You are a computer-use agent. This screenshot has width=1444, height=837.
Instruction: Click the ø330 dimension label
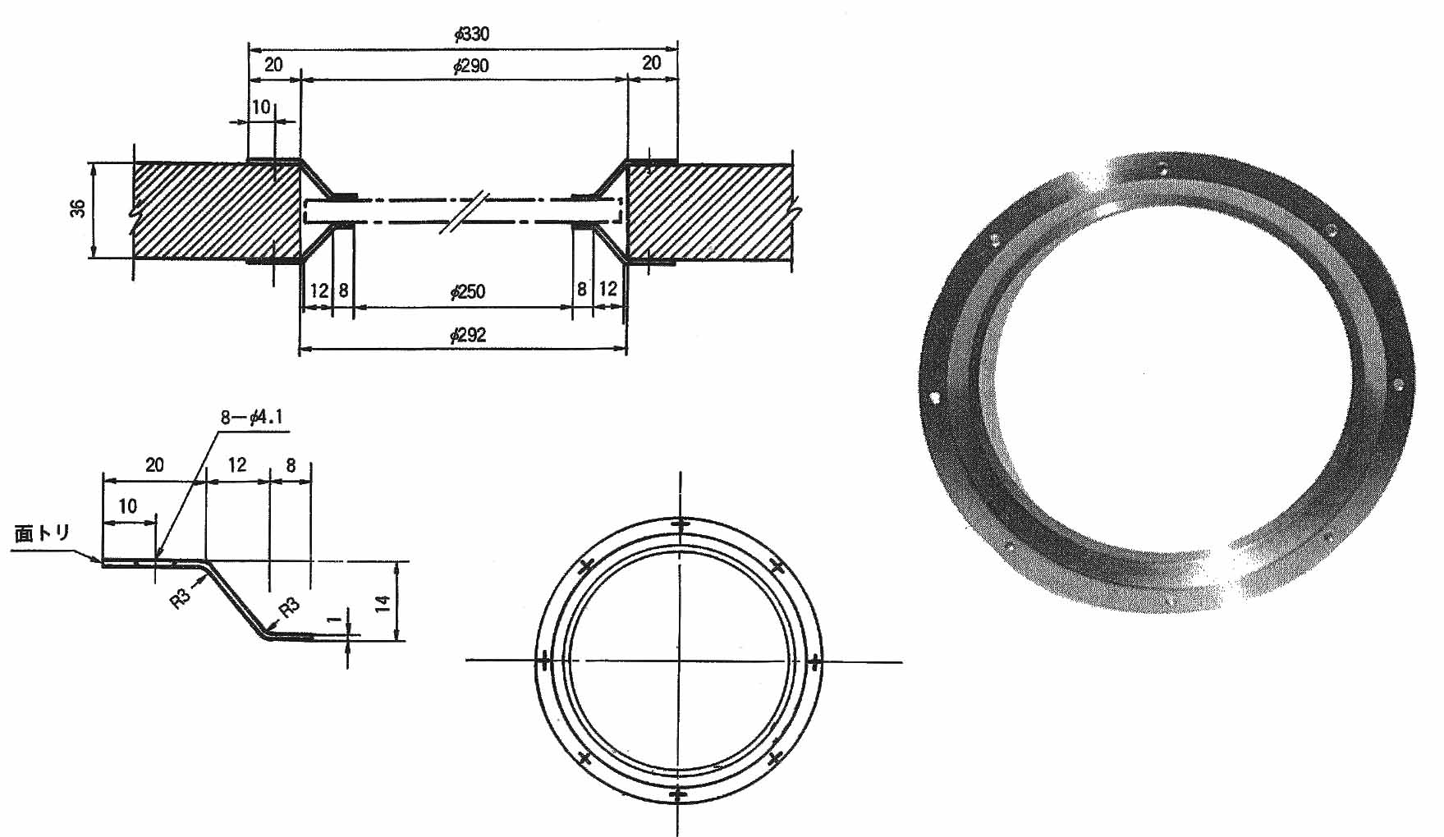click(x=471, y=34)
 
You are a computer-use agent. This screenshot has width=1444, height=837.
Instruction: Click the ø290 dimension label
click(x=470, y=66)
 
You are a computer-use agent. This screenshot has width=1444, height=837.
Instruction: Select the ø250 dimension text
click(x=467, y=291)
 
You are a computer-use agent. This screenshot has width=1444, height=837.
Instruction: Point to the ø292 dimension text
click(x=468, y=335)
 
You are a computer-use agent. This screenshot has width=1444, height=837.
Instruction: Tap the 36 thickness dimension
click(x=79, y=208)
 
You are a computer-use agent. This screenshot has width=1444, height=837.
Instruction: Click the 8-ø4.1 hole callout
click(x=251, y=417)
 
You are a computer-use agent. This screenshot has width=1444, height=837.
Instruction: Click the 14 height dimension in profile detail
click(x=382, y=603)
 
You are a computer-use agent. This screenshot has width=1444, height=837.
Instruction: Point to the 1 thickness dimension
click(x=332, y=620)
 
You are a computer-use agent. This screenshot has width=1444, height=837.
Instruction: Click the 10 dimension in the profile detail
click(x=127, y=506)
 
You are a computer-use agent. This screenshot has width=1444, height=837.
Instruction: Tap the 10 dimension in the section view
click(x=261, y=107)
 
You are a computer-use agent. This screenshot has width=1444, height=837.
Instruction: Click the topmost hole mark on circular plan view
click(x=680, y=524)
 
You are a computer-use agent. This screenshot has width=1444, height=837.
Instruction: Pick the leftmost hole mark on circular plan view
click(x=543, y=659)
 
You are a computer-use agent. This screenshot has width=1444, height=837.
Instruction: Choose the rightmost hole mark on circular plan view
click(x=814, y=661)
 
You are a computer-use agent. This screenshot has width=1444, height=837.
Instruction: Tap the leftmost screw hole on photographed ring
click(x=934, y=398)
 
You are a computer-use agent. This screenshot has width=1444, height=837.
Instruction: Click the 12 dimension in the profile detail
click(x=236, y=465)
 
